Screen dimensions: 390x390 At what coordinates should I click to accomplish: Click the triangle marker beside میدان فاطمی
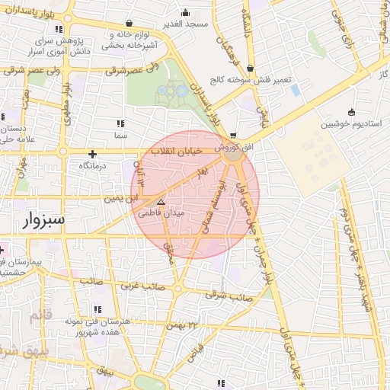point(161,203)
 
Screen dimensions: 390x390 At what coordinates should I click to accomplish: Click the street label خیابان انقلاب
point(180,152)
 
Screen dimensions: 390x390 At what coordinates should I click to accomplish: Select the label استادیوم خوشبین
point(350,123)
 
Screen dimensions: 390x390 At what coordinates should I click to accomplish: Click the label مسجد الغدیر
point(186,23)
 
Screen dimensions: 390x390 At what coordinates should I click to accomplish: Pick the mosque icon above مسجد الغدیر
point(186,12)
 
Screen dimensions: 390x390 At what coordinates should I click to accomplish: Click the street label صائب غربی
point(140,286)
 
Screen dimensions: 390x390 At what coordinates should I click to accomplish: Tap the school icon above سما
point(120,123)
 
